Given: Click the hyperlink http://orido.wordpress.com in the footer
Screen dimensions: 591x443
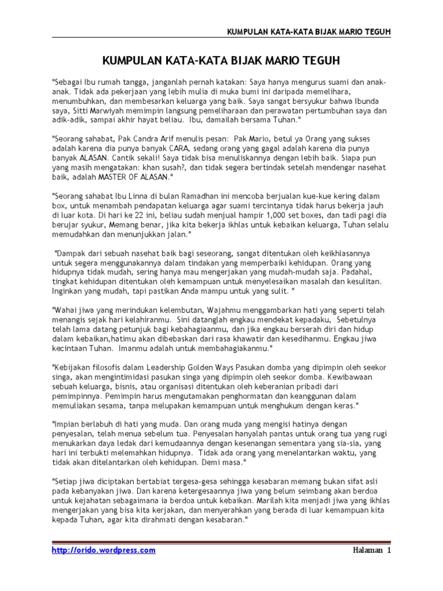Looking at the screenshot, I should click(104, 550).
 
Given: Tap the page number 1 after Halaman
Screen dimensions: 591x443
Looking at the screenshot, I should click(389, 550).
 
